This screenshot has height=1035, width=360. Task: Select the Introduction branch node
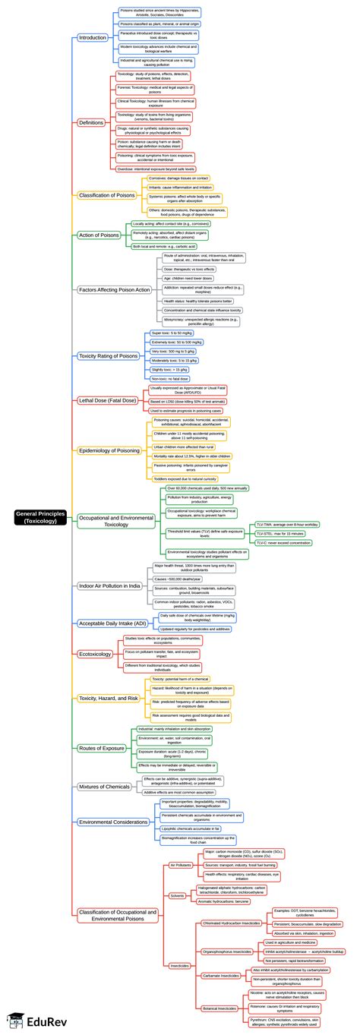pos(93,37)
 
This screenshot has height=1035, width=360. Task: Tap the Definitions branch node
pos(91,122)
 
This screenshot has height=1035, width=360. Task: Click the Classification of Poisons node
pos(106,195)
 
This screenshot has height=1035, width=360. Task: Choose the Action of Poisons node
pos(99,235)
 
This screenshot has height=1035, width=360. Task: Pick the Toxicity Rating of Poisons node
pos(108,355)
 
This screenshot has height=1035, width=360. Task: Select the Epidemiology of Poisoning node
pos(109,450)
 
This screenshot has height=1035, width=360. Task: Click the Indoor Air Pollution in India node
pos(109,586)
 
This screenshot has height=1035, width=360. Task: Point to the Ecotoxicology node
pos(95,654)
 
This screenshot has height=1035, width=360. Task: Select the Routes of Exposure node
pos(101,748)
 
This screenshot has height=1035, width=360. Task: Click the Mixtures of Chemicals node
pos(104,787)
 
